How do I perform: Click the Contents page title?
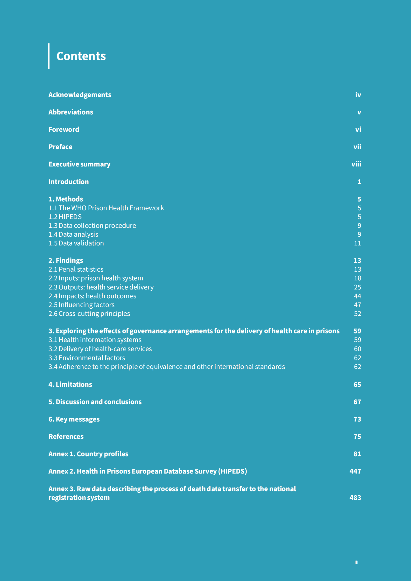[81, 56]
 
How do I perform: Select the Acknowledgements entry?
[80, 95]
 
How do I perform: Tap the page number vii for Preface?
[357, 147]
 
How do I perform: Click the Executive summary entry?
[79, 164]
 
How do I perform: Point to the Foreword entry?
[64, 129]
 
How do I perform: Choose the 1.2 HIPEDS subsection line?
[65, 217]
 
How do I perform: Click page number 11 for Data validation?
[357, 243]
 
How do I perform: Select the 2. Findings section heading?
[66, 260]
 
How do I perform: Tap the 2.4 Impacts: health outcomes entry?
[92, 296]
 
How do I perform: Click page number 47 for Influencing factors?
[357, 305]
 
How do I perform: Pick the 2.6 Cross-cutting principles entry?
[89, 314]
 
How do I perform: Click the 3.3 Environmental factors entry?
[87, 358]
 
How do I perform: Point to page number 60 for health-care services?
[357, 349]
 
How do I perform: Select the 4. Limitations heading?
[70, 384]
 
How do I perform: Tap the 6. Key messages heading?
[74, 419]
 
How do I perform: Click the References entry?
[66, 437]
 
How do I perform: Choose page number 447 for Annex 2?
[355, 471]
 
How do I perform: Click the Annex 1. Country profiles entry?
[88, 454]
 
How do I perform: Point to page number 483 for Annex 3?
[355, 498]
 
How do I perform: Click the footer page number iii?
[356, 562]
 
